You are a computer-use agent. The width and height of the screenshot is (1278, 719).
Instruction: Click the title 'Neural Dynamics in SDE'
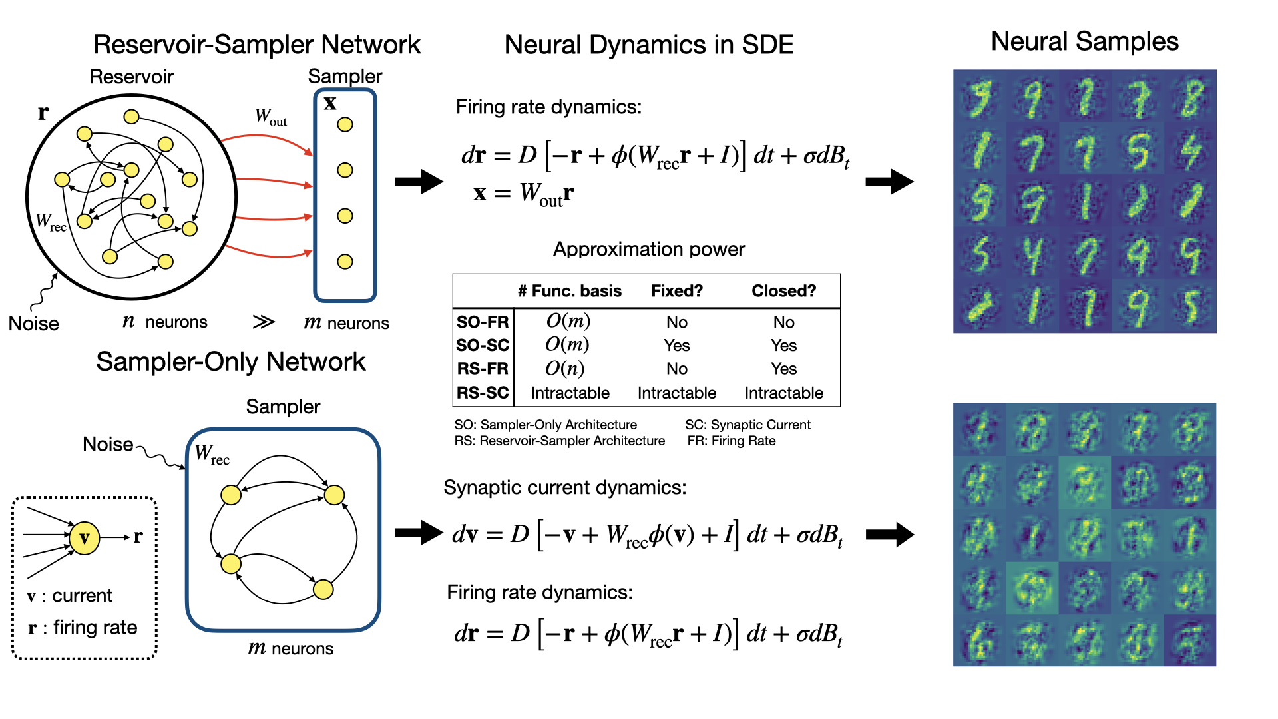pyautogui.click(x=649, y=45)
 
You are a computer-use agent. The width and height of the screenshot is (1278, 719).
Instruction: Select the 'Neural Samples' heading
pyautogui.click(x=1084, y=41)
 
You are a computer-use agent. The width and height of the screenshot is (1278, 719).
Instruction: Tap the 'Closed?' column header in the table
pyautogui.click(x=783, y=291)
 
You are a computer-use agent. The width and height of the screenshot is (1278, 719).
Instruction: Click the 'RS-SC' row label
pyautogui.click(x=483, y=393)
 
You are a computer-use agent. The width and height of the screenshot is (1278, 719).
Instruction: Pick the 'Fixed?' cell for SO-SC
pyautogui.click(x=676, y=345)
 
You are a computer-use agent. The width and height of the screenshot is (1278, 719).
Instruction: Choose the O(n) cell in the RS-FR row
pyautogui.click(x=564, y=369)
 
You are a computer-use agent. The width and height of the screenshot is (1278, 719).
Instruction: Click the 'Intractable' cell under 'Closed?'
pyautogui.click(x=783, y=393)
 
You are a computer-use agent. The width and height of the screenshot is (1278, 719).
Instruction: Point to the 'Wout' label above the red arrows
pyautogui.click(x=271, y=117)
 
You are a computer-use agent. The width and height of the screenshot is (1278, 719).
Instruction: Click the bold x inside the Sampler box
pyautogui.click(x=329, y=103)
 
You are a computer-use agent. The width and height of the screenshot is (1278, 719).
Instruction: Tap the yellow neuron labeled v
pyautogui.click(x=85, y=538)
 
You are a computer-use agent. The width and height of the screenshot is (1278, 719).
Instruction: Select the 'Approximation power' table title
pyautogui.click(x=649, y=249)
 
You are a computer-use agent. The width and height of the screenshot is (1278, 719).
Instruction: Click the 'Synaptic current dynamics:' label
pyautogui.click(x=564, y=487)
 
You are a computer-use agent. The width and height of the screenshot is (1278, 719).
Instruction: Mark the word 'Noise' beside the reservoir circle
pyautogui.click(x=33, y=324)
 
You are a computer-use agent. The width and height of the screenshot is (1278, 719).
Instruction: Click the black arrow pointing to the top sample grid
pyautogui.click(x=889, y=181)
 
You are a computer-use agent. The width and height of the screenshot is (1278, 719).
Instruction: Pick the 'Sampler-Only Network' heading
pyautogui.click(x=231, y=361)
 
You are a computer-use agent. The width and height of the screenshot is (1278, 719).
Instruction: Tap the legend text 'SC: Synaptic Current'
pyautogui.click(x=747, y=425)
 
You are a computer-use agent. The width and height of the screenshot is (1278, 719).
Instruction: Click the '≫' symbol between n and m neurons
pyautogui.click(x=264, y=322)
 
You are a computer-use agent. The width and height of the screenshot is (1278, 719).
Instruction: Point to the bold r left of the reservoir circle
pyautogui.click(x=43, y=113)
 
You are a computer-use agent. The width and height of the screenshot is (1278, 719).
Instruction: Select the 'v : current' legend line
pyautogui.click(x=70, y=595)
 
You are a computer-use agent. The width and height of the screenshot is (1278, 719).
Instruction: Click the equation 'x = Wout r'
pyautogui.click(x=523, y=194)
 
